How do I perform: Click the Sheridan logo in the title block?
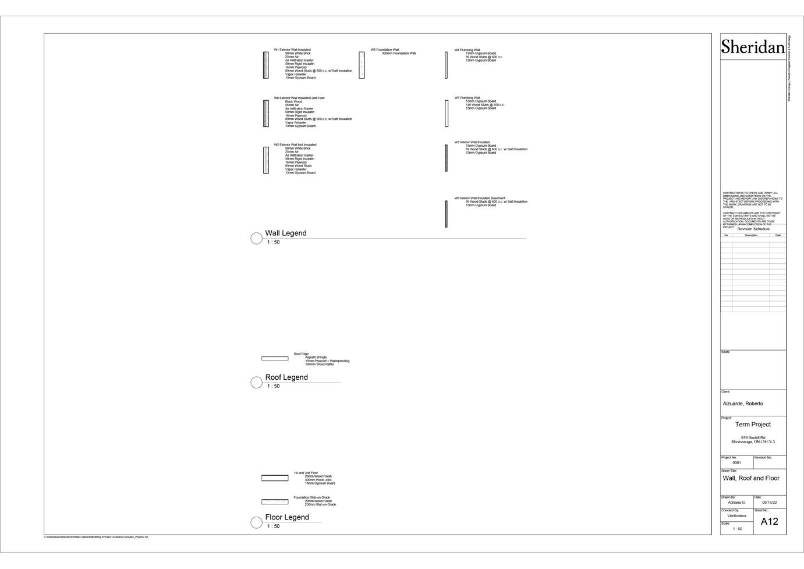point(753,47)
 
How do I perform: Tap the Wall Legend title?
point(285,233)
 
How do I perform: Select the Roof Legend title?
point(286,377)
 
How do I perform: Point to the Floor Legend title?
point(287,517)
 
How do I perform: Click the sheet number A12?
point(769,521)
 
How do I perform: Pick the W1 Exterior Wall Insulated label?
point(292,50)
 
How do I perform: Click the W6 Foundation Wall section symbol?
point(362,65)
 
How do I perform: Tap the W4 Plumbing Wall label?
point(467,50)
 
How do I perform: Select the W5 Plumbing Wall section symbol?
point(447,113)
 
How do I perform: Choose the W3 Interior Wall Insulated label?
point(472,142)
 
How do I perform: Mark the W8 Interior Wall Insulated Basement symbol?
point(447,214)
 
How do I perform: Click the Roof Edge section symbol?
point(275,358)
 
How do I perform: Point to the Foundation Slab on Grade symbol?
point(275,501)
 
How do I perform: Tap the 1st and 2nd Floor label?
point(306,473)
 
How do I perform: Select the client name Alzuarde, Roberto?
point(743,404)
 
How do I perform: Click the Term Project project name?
point(753,425)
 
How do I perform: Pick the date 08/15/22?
point(769,503)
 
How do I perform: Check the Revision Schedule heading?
point(753,229)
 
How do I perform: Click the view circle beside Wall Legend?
point(256,238)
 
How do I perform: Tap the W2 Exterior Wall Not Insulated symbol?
point(266,160)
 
